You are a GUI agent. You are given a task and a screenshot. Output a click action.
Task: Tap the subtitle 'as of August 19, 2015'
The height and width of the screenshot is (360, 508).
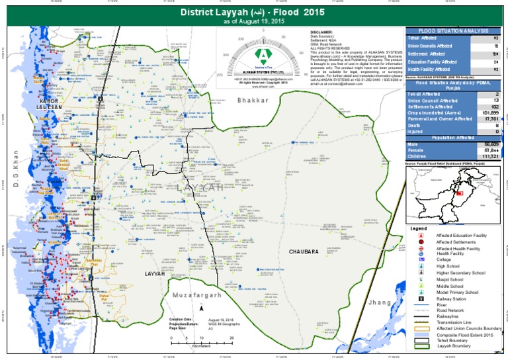tap(254, 22)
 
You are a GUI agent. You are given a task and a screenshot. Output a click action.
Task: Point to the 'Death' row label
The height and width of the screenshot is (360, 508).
tap(413, 125)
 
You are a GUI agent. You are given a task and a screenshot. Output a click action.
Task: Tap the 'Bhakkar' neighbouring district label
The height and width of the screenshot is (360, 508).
tap(253, 101)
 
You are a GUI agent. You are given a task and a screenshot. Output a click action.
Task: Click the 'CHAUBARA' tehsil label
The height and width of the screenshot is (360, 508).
tap(303, 251)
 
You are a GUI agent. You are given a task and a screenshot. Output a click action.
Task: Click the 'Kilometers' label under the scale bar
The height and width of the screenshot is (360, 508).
tap(201, 345)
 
